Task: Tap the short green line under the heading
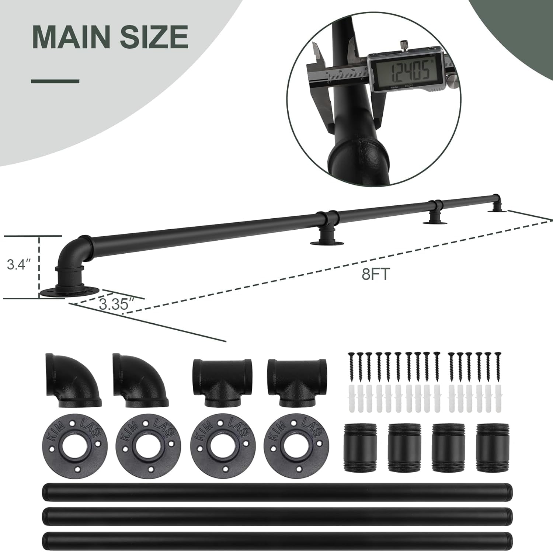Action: pyautogui.click(x=55, y=81)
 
